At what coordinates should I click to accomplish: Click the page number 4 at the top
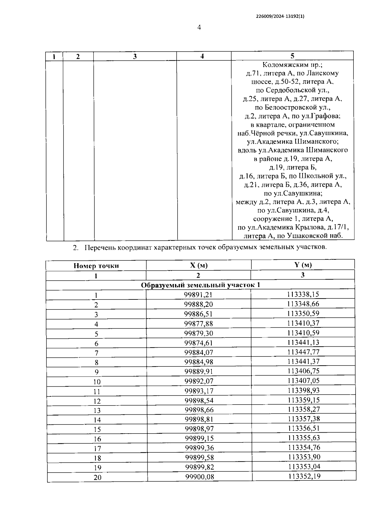click(x=199, y=27)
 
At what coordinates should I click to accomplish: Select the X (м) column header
click(x=199, y=265)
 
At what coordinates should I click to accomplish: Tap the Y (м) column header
click(x=303, y=265)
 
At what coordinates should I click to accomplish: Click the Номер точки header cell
click(x=96, y=265)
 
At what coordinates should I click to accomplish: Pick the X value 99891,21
click(x=199, y=295)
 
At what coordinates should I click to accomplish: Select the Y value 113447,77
click(x=303, y=352)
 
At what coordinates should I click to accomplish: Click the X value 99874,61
click(x=199, y=343)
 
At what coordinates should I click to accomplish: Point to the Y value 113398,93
click(x=303, y=390)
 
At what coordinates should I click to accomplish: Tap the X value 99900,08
click(x=199, y=477)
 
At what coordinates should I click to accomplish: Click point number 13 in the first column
click(x=97, y=411)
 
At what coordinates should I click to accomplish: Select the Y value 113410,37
click(x=303, y=323)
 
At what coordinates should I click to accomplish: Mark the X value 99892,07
click(x=199, y=381)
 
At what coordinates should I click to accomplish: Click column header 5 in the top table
click(x=292, y=56)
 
